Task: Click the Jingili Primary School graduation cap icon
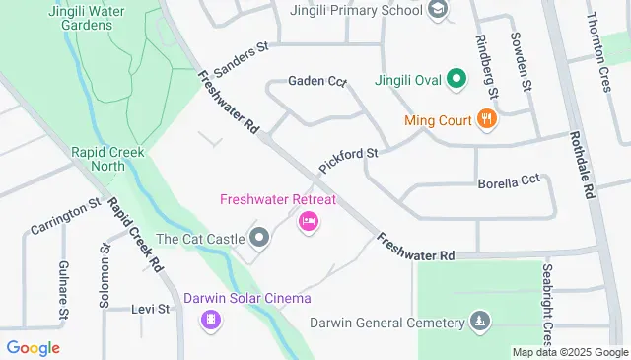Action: click(x=439, y=9)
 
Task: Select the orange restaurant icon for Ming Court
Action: click(x=484, y=120)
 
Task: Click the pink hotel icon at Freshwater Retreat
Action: click(x=308, y=221)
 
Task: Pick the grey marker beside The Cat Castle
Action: click(x=259, y=238)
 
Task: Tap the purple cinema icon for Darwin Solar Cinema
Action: click(x=210, y=319)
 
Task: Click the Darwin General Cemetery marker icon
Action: click(x=479, y=323)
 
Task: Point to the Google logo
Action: click(x=33, y=348)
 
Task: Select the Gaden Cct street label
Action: click(x=316, y=82)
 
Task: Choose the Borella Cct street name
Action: click(x=509, y=181)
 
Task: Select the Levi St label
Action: click(x=151, y=309)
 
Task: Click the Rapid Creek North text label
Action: click(x=107, y=160)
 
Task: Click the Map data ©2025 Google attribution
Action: click(x=569, y=352)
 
